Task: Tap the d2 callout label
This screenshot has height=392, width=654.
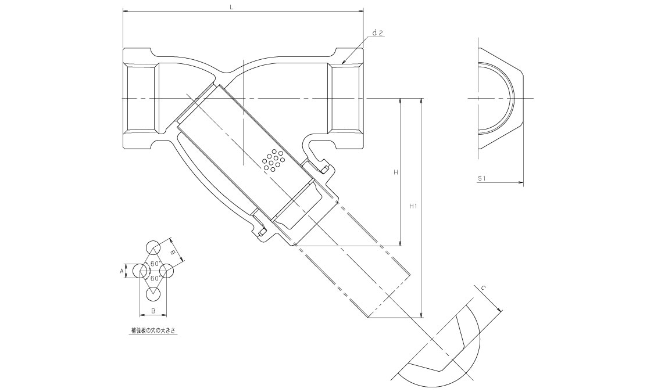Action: point(377,34)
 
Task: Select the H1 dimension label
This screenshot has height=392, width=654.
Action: point(413,206)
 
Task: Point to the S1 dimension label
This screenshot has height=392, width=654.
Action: point(481,179)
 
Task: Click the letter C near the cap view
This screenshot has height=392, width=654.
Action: point(483,287)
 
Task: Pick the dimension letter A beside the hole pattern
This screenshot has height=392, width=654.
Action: point(121,271)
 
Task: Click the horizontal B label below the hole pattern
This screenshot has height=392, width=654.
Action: point(153,311)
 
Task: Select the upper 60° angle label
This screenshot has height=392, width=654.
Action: point(155,264)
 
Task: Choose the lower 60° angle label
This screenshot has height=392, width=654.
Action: point(155,278)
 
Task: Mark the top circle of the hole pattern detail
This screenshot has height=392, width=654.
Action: point(153,247)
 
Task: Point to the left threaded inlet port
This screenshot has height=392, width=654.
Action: point(140,99)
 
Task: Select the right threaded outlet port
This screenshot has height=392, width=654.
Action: point(347,99)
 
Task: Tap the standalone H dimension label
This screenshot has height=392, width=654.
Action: point(395,172)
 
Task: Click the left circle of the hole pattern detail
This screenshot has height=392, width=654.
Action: point(140,271)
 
